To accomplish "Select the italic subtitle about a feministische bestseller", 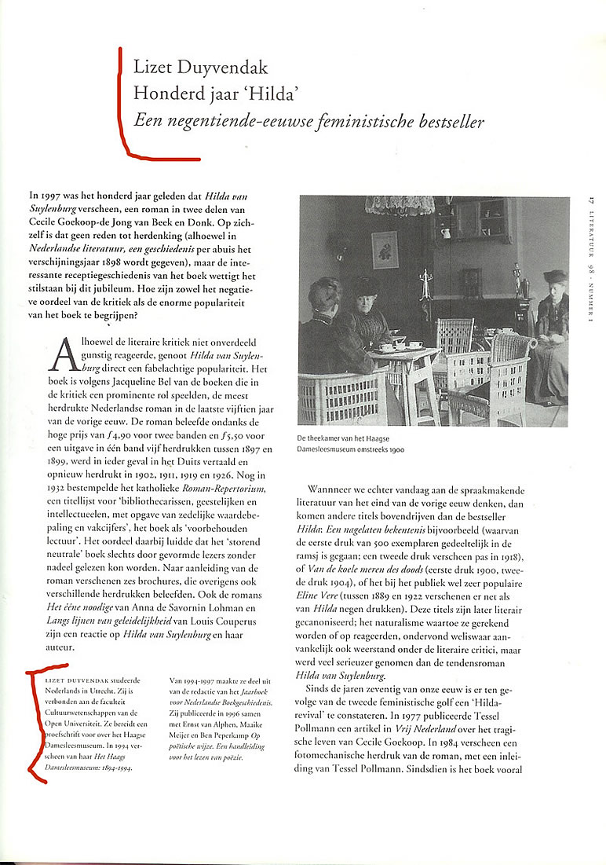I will (x=308, y=121).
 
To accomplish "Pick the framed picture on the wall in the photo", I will (x=384, y=250).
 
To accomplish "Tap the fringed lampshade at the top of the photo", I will (x=400, y=206).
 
